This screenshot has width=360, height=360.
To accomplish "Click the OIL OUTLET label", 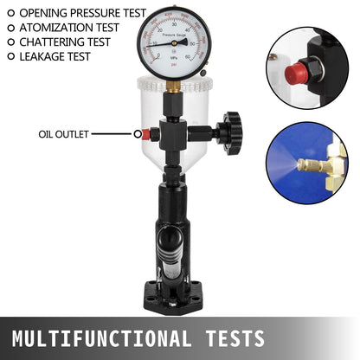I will click(62, 134).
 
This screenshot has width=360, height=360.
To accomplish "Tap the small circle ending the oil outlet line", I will click(138, 134).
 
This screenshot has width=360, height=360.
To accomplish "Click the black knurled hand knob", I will click(231, 132).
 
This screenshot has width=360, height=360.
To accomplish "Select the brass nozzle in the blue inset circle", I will click(312, 164).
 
